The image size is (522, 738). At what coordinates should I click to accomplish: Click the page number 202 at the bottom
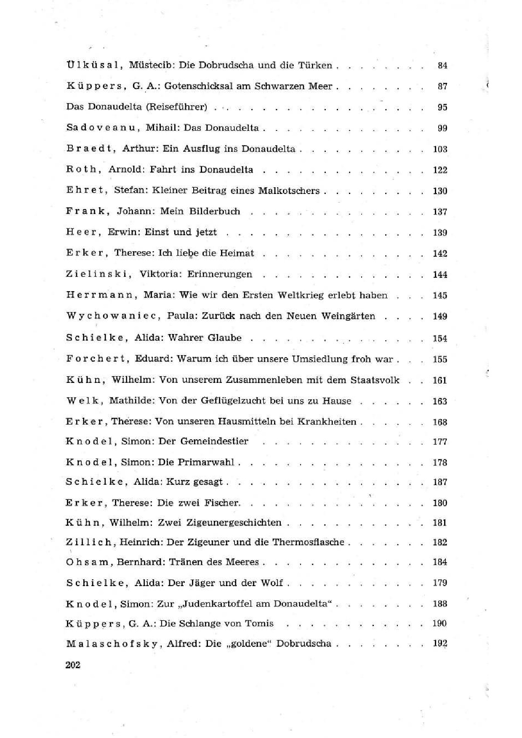point(73,665)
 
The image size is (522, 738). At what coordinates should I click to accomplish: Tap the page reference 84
point(442,65)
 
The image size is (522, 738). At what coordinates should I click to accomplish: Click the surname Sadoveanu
point(103,128)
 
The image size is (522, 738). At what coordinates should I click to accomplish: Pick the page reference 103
point(440,149)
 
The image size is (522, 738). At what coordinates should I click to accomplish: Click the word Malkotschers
point(289,191)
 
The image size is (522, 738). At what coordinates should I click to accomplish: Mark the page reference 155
point(440,359)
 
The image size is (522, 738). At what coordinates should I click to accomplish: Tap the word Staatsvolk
point(375,380)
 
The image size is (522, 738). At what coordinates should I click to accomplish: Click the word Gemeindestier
point(214,441)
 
